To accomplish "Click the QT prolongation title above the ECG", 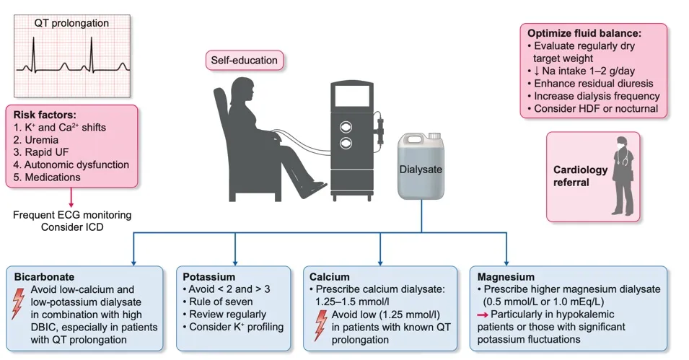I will (x=71, y=23).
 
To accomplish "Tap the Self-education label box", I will (x=244, y=61).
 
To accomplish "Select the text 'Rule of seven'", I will (x=221, y=302).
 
